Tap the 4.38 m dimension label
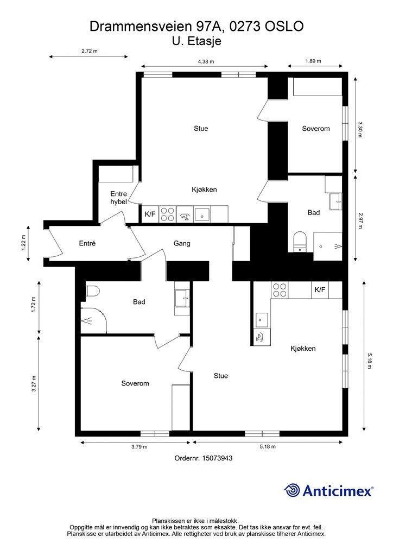[x=206, y=61]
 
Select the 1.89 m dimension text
[x=313, y=61]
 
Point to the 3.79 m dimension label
[x=140, y=447]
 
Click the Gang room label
[x=182, y=243]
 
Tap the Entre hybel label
[x=118, y=198]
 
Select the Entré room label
[x=87, y=243]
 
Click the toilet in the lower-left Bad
[x=93, y=291]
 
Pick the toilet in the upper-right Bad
[x=300, y=241]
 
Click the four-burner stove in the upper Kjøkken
[x=167, y=214]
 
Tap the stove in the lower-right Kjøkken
[x=280, y=290]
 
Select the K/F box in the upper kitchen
[x=150, y=214]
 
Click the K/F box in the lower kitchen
[x=320, y=290]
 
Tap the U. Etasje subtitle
[x=196, y=41]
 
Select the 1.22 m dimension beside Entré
[x=23, y=243]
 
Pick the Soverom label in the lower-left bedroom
[x=135, y=383]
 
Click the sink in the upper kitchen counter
[x=202, y=214]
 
